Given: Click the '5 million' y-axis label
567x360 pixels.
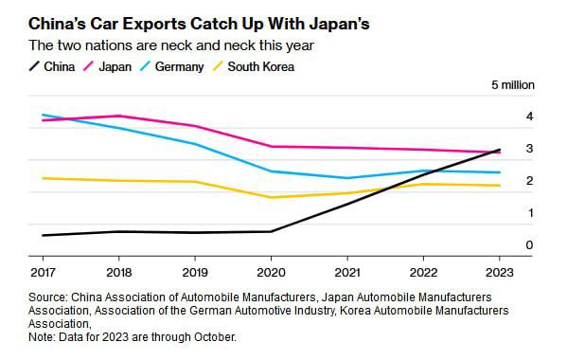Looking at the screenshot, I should point(511,85).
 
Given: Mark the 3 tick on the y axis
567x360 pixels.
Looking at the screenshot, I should point(529,149).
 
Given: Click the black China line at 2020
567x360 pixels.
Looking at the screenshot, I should point(271,231).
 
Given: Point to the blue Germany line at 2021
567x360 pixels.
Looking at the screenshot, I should point(347,178).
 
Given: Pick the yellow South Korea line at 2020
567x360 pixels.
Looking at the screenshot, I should point(271,197).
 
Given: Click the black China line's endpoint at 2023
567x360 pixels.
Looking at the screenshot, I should point(500,150).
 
